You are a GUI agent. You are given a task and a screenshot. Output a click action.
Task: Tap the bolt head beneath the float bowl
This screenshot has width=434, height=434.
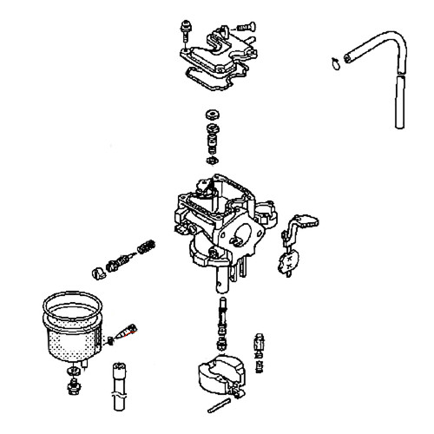(x=71, y=383)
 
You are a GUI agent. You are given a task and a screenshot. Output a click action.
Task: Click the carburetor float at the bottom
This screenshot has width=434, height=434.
(x=218, y=377)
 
